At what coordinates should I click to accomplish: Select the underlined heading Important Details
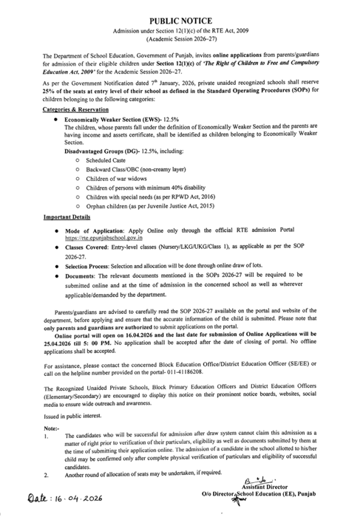(68, 218)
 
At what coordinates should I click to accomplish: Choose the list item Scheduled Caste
(107, 160)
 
